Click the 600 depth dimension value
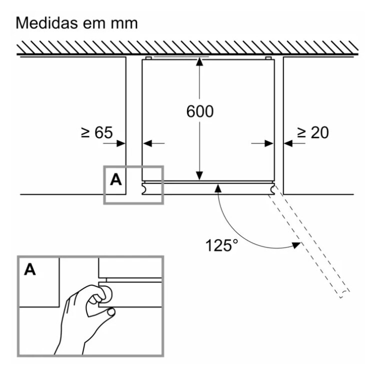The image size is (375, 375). pyautogui.click(x=199, y=111)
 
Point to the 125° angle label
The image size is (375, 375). pyautogui.click(x=222, y=245)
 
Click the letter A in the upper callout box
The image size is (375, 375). pyautogui.click(x=115, y=179)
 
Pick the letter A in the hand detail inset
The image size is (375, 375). pyautogui.click(x=30, y=269)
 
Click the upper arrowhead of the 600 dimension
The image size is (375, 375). pyautogui.click(x=199, y=62)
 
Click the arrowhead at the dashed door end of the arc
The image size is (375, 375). pyautogui.click(x=296, y=244)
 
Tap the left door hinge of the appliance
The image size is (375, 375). pyautogui.click(x=144, y=189)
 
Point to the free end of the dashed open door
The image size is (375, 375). pyautogui.click(x=344, y=294)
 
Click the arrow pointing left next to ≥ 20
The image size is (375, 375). pyautogui.click(x=288, y=143)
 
